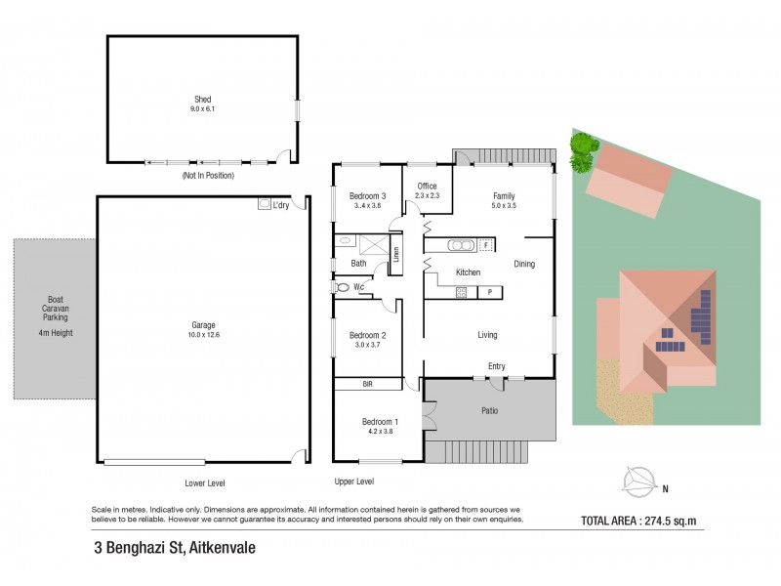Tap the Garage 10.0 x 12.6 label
tap(203, 329)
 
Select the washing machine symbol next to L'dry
tap(264, 205)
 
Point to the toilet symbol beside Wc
tap(342, 287)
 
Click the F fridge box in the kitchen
tap(485, 244)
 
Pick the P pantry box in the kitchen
tap(490, 291)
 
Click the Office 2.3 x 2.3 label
tap(427, 190)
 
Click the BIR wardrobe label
tap(368, 385)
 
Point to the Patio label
tap(490, 411)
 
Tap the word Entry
tap(497, 366)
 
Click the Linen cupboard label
tap(396, 255)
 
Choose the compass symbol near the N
tap(640, 480)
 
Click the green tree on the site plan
tap(582, 146)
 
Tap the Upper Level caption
tap(353, 482)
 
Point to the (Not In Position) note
tap(207, 176)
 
